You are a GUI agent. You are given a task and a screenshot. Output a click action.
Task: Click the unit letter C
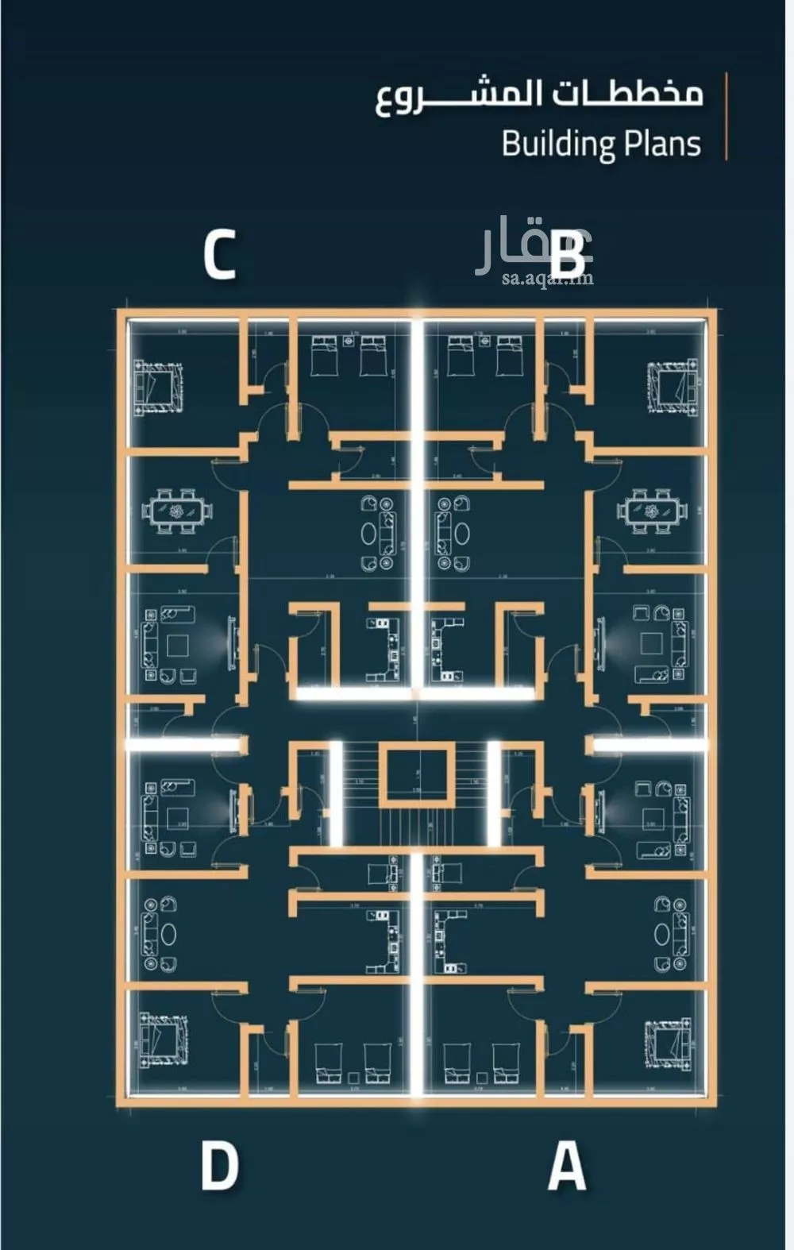tap(220, 255)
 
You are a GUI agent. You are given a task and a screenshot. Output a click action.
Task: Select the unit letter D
tap(220, 1165)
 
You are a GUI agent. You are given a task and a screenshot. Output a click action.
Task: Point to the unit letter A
tap(567, 1165)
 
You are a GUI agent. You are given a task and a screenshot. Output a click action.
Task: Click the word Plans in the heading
tap(662, 144)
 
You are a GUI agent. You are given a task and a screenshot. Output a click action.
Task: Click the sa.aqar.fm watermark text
tap(548, 278)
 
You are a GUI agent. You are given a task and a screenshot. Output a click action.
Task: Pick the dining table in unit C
tap(178, 511)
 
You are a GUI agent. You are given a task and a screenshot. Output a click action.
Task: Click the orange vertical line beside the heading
tap(727, 117)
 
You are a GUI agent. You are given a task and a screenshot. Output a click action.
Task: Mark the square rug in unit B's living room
tap(652, 642)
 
